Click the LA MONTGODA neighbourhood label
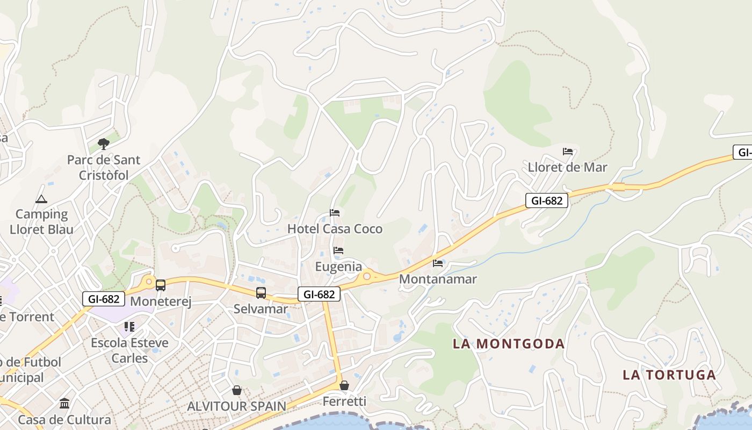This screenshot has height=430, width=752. tap(508, 343)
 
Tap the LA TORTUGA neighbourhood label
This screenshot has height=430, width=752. tap(669, 375)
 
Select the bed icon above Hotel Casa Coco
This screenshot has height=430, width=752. tap(335, 213)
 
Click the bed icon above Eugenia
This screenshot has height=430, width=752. tap(338, 250)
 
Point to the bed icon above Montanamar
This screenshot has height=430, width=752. tap(438, 263)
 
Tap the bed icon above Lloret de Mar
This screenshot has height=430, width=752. tap(568, 152)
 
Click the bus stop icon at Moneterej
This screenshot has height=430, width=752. tap(161, 285)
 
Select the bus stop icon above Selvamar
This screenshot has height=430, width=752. tap(261, 293)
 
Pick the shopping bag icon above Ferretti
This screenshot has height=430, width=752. tap(344, 385)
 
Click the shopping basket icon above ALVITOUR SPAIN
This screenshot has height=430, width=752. tap(237, 390)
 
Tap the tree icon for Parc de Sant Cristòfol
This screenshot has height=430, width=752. tap(104, 144)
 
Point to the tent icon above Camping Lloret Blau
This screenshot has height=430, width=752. tap(41, 199)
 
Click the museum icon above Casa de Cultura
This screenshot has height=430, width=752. tap(65, 404)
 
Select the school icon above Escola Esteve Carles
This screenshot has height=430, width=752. tap(129, 327)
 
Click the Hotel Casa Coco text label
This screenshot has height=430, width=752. tap(335, 229)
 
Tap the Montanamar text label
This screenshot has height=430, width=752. tap(438, 279)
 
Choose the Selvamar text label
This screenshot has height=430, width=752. tap(261, 309)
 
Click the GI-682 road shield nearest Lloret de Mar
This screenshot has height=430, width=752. tap(546, 201)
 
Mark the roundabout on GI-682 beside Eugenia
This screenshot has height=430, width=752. tap(367, 276)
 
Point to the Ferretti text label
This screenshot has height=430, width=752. tap(344, 402)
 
